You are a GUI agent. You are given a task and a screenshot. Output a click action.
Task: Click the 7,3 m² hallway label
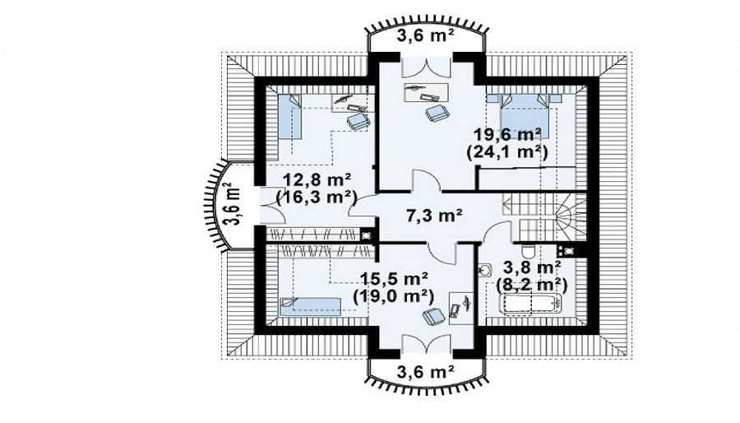[434, 216]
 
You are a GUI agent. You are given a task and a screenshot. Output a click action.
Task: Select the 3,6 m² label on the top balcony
[425, 36]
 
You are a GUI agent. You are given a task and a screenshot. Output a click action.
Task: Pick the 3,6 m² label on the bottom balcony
[425, 372]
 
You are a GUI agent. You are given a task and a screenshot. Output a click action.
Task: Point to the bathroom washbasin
[484, 269]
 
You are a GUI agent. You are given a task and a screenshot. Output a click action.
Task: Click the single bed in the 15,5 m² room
[310, 306]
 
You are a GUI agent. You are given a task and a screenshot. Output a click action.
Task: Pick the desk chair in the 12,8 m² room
[358, 121]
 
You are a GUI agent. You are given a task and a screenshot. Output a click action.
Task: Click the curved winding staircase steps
[565, 216]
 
